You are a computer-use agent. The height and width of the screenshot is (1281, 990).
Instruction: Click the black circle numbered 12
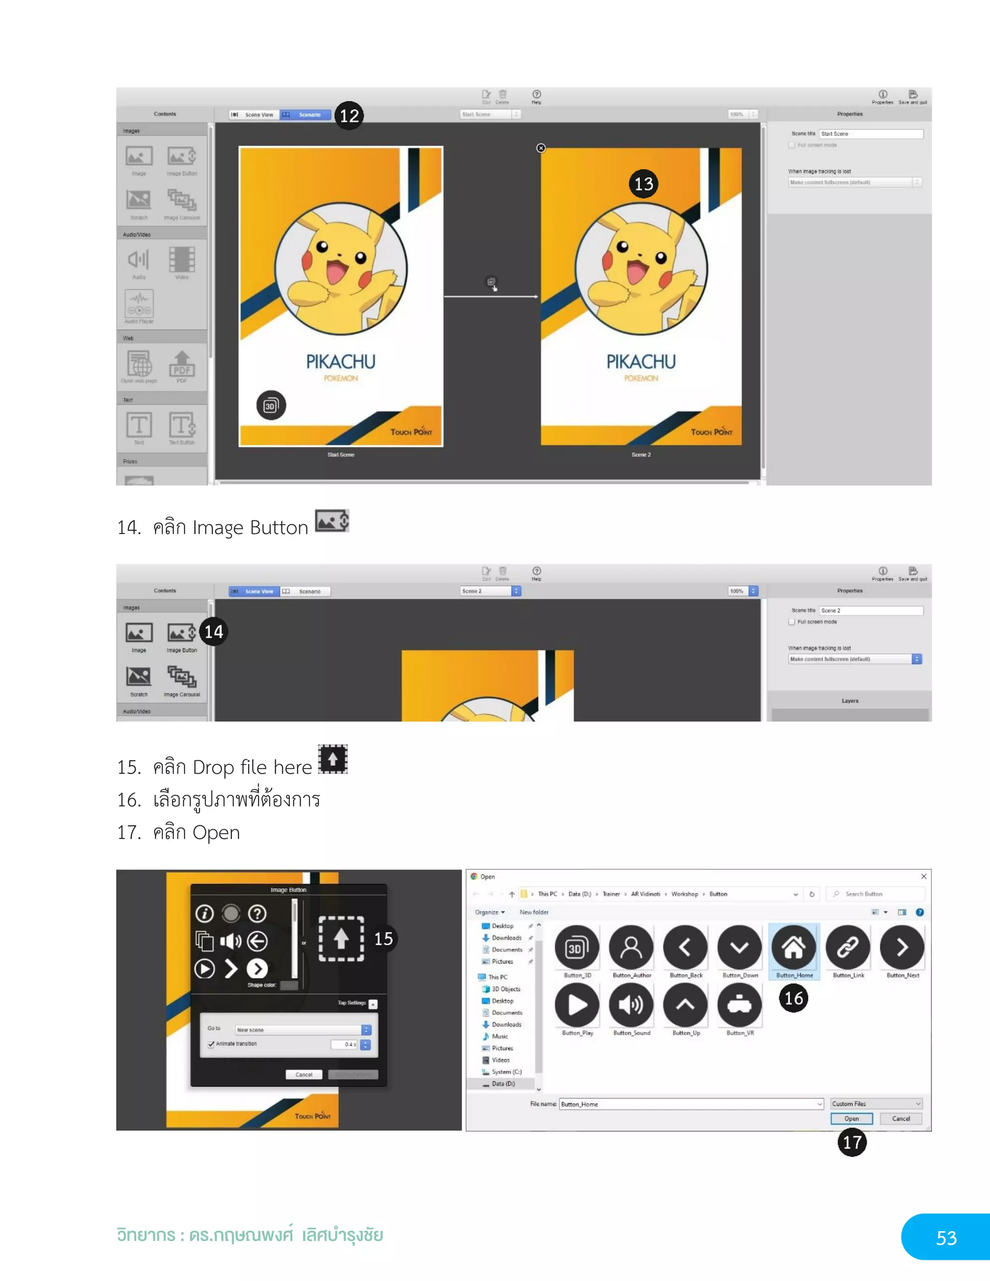pos(349,115)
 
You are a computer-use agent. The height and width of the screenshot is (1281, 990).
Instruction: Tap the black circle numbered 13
pos(643,184)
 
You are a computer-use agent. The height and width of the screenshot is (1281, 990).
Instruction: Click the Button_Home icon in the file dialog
pos(793,947)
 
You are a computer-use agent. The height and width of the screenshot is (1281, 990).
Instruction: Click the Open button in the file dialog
pos(851,1119)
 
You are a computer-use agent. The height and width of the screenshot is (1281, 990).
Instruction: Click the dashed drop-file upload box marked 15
pos(341,939)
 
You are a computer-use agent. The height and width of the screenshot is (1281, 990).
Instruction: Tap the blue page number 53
pos(946,1238)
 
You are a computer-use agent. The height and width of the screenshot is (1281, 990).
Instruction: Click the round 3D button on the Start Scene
pos(271,405)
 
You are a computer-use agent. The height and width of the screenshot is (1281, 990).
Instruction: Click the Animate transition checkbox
pos(211,1044)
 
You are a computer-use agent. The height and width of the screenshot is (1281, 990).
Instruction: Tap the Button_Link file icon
pos(847,947)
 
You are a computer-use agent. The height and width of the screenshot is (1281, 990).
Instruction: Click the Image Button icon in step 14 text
pos(332,521)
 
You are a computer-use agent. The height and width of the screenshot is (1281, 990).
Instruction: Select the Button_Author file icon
pos(631,947)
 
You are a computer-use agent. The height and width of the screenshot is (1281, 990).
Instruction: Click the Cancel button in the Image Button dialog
pos(304,1075)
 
